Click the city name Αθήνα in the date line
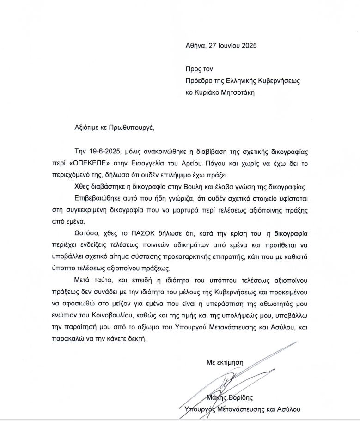(x=195, y=46)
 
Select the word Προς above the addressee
(x=192, y=69)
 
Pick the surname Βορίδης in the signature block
(x=254, y=398)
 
